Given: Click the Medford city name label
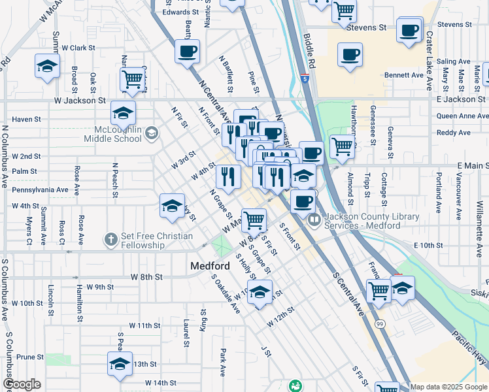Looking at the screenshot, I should (210, 267).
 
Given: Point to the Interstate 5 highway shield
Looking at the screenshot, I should (306, 79).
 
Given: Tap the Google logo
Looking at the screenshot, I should (22, 385).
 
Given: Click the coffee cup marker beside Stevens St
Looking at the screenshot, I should (410, 29).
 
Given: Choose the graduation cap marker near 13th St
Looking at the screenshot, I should (120, 363).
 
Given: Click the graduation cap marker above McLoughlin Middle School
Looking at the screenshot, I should (123, 112).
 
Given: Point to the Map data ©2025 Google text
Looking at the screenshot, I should (448, 387).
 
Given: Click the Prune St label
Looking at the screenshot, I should (30, 357).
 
